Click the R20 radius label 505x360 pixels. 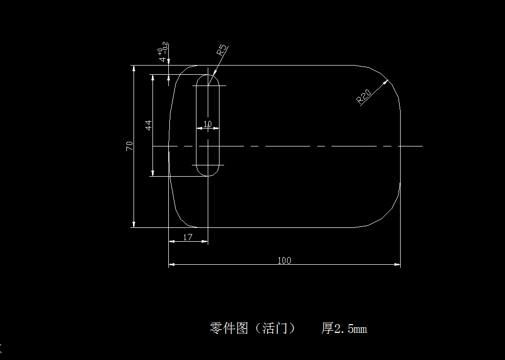tap(364, 97)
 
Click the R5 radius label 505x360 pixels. tap(222, 50)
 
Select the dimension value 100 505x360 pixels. tap(284, 260)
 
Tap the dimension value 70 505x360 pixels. tap(130, 146)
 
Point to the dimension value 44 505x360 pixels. tap(148, 125)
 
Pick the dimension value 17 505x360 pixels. tap(188, 237)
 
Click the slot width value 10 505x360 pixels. tap(207, 123)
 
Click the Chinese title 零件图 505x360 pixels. tap(229, 328)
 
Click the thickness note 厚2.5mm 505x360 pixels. tap(344, 328)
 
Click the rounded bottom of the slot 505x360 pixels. tap(208, 174)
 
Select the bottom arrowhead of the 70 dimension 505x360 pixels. tap(134, 224)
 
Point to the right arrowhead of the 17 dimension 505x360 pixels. tap(205, 241)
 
